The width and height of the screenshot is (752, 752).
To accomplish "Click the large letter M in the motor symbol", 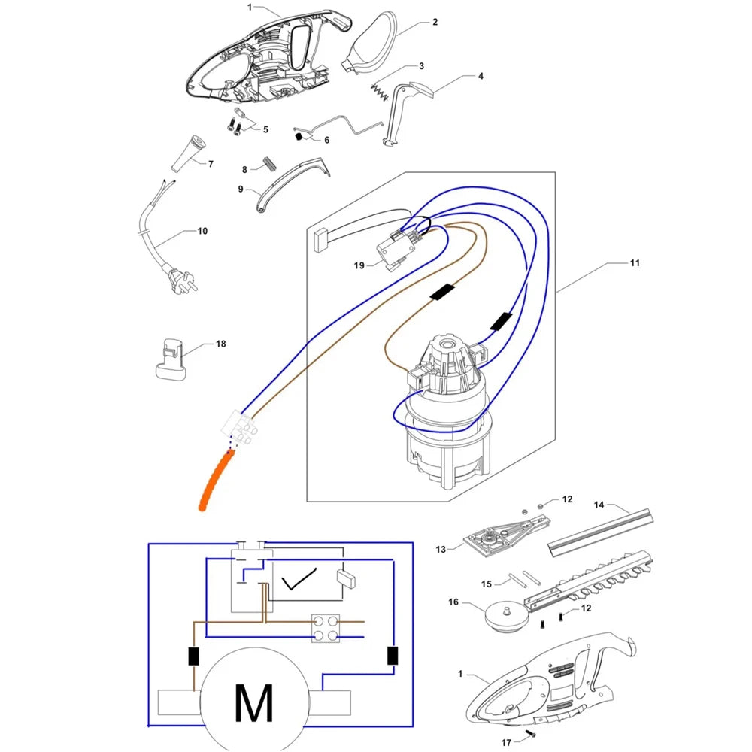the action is point(253,702).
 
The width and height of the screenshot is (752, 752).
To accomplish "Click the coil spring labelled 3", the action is point(379,92).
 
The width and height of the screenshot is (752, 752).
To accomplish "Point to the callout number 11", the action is point(635,262).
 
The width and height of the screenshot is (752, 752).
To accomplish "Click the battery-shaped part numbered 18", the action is point(170,359).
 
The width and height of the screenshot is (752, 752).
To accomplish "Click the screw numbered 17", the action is point(529,734).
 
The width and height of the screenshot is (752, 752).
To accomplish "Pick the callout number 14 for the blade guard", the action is point(599,505).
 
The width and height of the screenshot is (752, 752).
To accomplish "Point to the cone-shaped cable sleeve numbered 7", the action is point(187,153).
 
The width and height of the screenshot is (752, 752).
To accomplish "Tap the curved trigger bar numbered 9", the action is point(292,181).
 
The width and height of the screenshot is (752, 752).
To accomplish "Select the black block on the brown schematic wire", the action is point(193,656).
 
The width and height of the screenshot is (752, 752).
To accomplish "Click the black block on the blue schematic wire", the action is point(393,656).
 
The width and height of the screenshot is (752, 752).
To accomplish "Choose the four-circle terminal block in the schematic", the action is point(326,628).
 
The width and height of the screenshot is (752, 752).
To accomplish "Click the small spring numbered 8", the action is point(269,163).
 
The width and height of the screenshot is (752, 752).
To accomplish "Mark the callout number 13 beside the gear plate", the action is point(440,549).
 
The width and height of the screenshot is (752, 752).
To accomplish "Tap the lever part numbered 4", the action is point(405,111).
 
